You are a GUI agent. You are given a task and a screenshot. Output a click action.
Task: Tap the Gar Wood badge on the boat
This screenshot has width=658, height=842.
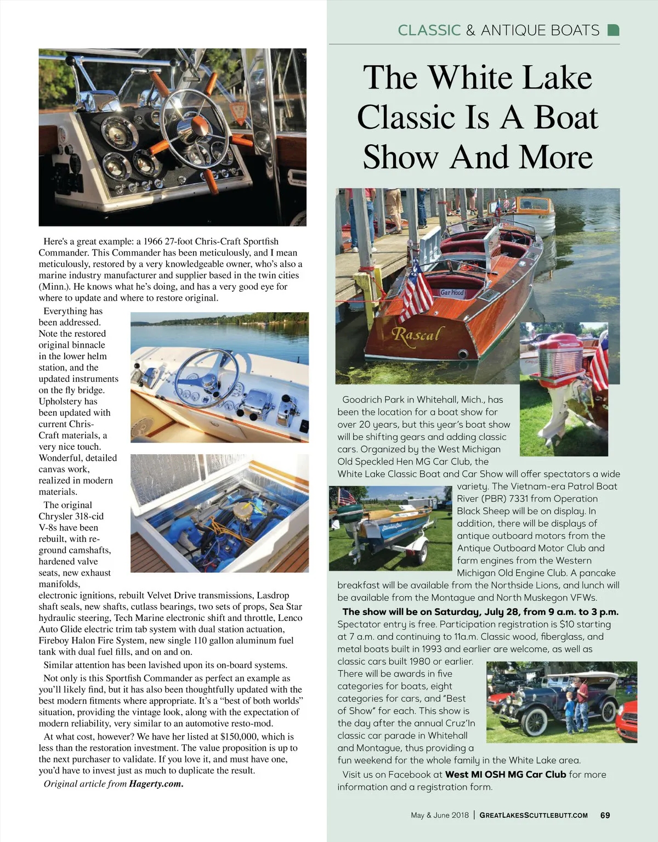(x=452, y=292)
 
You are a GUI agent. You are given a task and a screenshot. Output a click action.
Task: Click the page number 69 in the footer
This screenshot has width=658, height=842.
(x=605, y=815)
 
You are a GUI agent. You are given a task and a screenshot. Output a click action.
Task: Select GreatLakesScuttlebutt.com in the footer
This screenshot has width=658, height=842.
(x=533, y=815)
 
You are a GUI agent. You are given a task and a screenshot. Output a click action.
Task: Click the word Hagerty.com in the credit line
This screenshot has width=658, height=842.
(x=156, y=783)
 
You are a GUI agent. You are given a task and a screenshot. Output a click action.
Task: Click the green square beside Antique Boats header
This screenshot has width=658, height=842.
(x=614, y=30)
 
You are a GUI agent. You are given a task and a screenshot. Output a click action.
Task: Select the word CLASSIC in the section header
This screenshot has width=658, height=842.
(x=429, y=30)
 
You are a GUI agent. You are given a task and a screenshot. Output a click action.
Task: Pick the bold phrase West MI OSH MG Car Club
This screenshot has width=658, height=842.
(x=506, y=775)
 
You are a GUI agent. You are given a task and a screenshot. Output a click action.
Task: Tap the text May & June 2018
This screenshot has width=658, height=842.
(x=440, y=815)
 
